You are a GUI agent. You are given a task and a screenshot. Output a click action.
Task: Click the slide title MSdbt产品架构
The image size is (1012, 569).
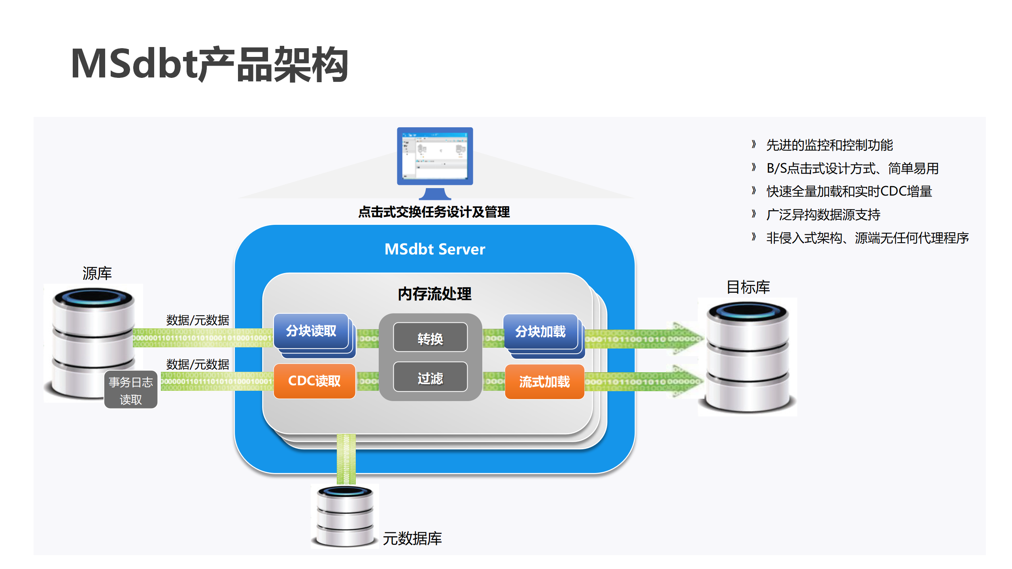coord(210,64)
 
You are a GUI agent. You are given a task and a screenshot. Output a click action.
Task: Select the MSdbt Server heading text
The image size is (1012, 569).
coord(435,249)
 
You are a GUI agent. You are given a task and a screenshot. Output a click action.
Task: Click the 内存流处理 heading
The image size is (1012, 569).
coord(434,294)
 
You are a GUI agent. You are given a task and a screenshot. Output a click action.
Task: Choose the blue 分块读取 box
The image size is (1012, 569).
coord(311,331)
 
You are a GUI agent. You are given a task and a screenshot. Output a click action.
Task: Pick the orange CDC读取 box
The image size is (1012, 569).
coord(314,381)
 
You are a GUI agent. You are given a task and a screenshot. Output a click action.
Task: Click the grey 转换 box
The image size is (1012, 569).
coord(430,338)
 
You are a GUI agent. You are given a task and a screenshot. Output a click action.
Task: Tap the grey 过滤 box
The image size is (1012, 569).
coord(430,378)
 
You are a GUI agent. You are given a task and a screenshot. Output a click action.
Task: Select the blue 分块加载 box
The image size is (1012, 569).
coord(540,332)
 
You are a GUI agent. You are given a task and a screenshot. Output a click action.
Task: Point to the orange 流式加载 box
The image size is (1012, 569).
coord(544,382)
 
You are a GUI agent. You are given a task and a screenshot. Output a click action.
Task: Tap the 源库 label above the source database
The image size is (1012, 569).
coord(97,273)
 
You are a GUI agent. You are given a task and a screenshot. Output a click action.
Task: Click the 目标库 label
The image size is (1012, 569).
coord(748,287)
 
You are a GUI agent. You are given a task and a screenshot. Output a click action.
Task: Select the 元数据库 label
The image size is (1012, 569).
coord(412,539)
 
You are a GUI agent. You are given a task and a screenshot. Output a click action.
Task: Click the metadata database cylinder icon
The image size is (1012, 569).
coord(345,516)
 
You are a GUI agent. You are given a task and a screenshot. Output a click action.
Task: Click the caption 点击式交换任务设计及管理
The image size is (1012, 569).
coord(434,212)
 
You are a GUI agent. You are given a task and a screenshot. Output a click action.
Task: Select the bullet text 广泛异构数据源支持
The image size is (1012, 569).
coord(823,215)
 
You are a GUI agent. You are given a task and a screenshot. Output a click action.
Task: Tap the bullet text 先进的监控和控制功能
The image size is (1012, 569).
coord(829,145)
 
